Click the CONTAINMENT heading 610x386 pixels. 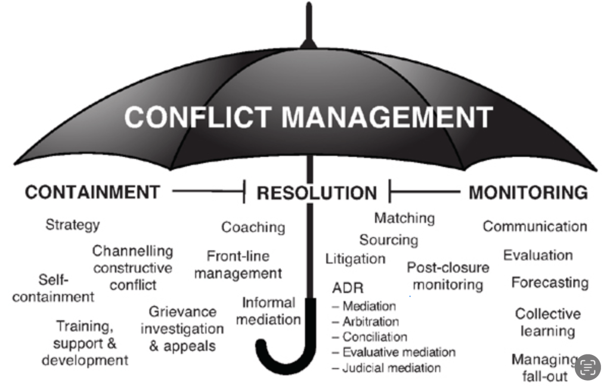[x=92, y=192]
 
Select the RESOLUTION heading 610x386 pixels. [x=317, y=193]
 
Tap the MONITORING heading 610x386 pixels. [x=528, y=192]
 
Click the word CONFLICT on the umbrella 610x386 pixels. [x=198, y=116]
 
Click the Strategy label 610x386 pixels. [x=73, y=225]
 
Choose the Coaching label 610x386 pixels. [x=253, y=227]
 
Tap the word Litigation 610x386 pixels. [x=355, y=259]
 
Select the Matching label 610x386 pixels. [x=404, y=218]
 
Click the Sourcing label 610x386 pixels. [x=388, y=239]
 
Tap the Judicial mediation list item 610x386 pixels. [x=391, y=368]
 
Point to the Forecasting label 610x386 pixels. [x=549, y=282]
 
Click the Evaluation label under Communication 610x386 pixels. [x=538, y=256]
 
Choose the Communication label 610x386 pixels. [x=535, y=226]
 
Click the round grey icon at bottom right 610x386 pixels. [x=587, y=366]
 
